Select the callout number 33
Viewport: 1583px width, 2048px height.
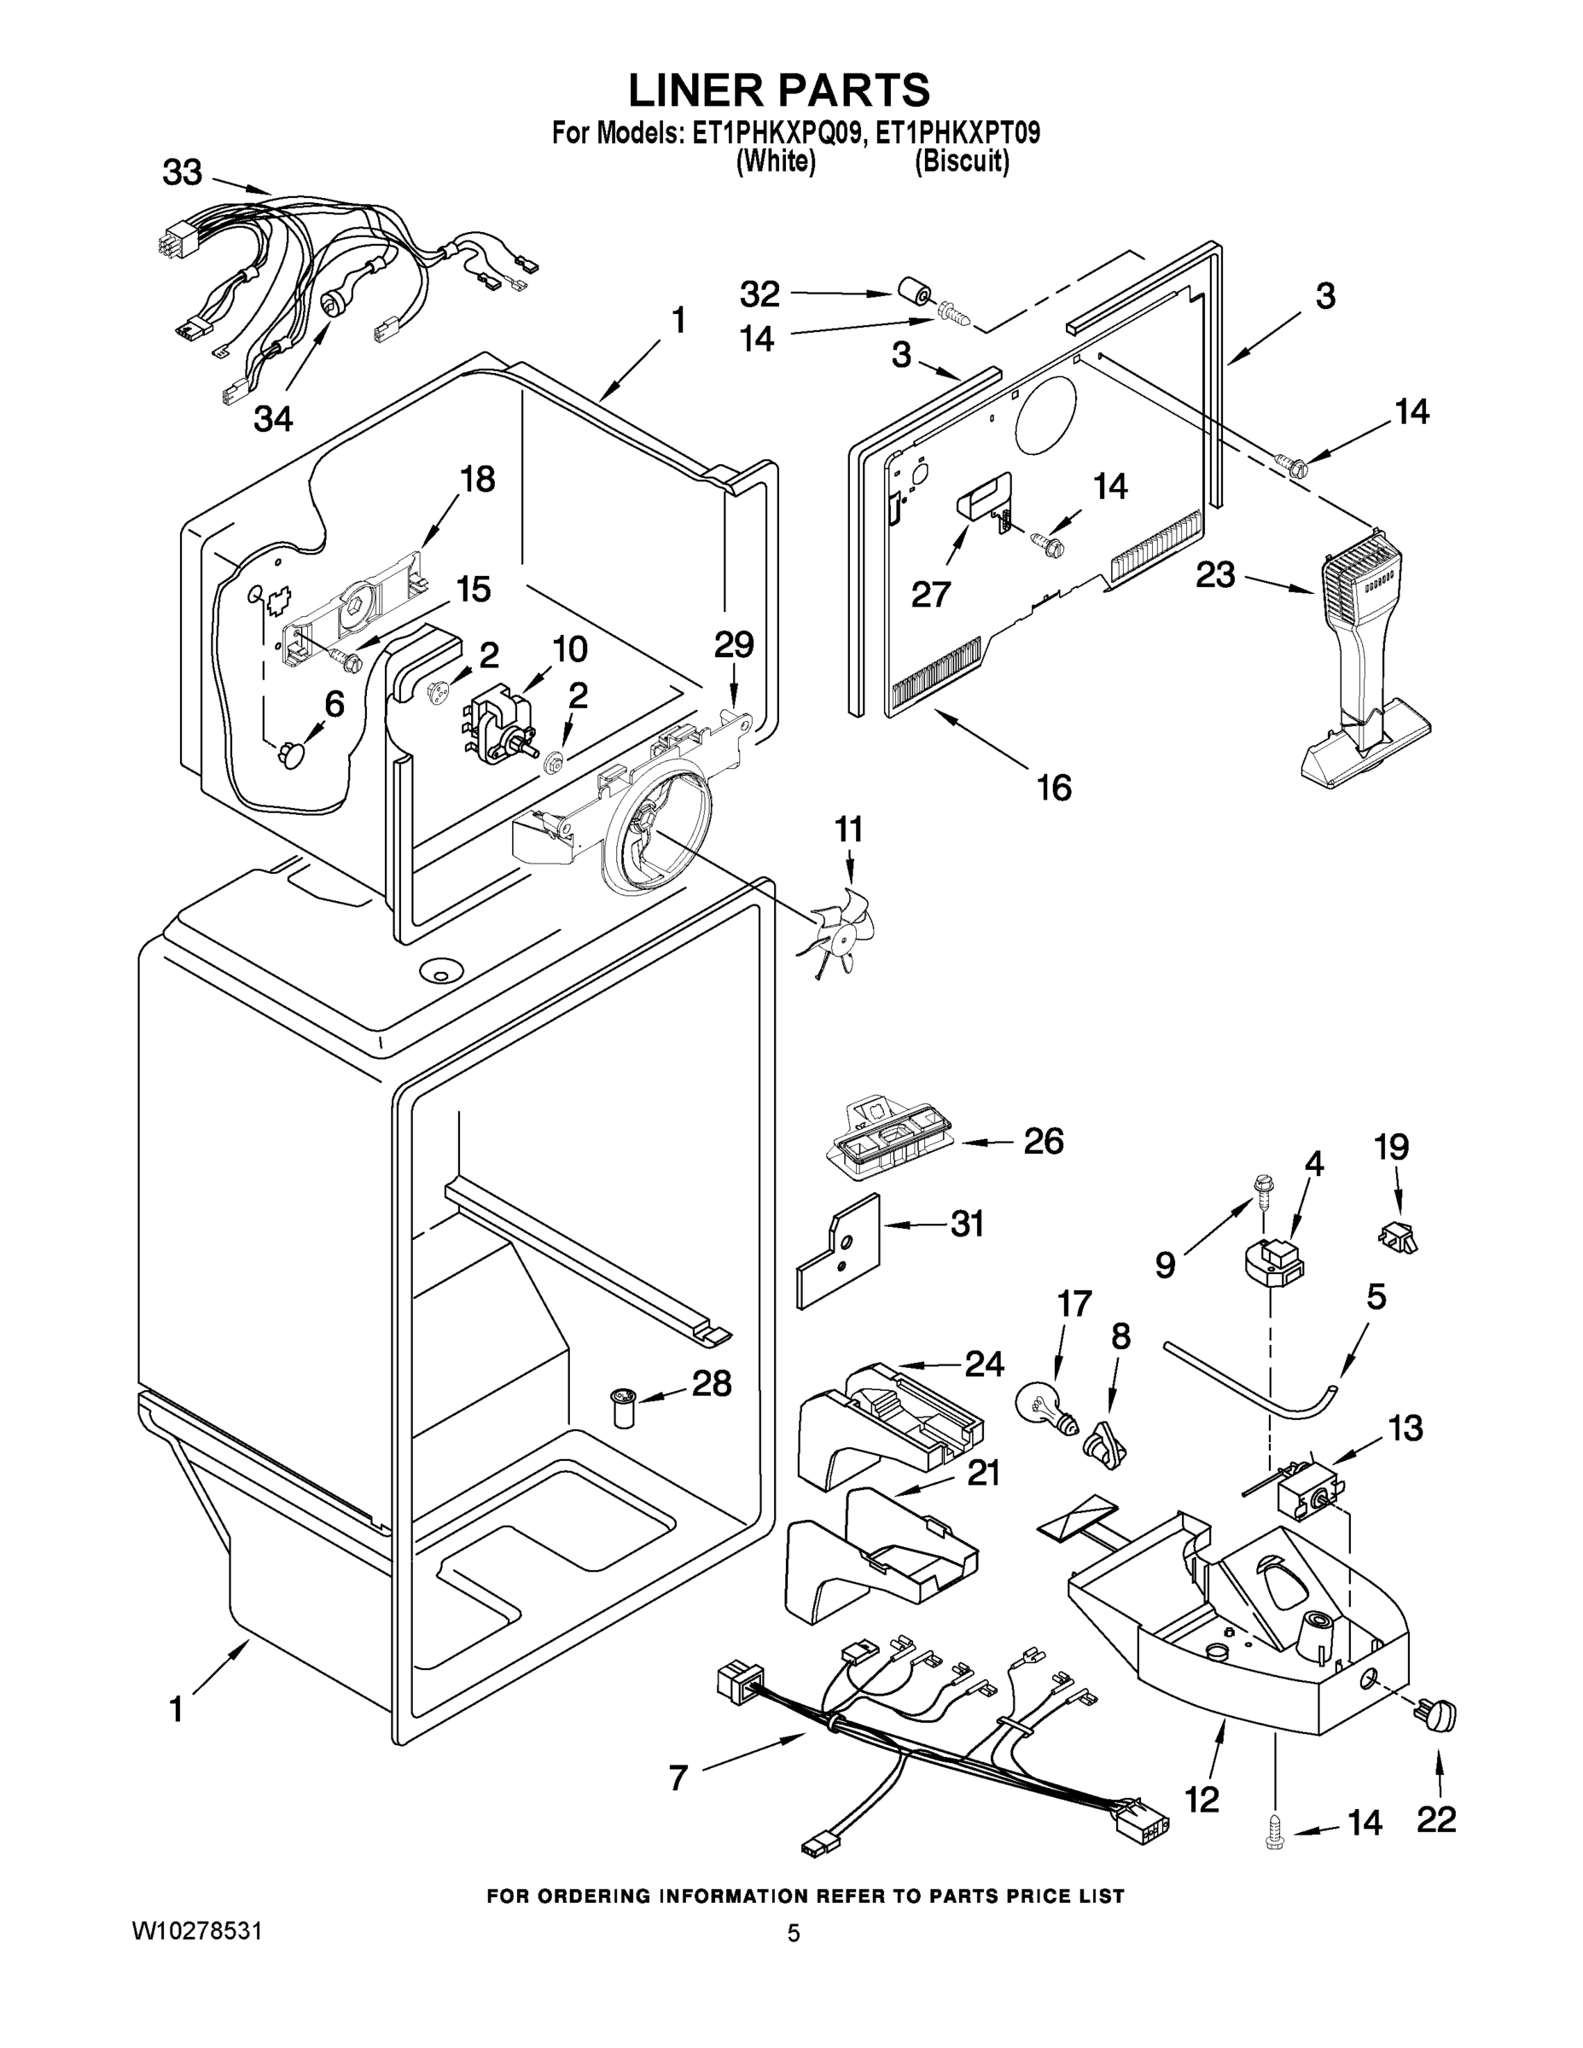(x=182, y=172)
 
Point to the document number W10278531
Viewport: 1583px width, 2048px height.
(x=196, y=1931)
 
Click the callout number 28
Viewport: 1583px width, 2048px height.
(x=711, y=1383)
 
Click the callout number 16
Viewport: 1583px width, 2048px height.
(x=1054, y=788)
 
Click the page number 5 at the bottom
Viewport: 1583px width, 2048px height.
(x=793, y=1933)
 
